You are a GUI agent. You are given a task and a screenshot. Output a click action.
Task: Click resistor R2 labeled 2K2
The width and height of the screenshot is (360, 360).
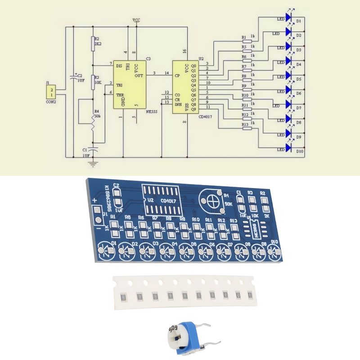[x=93, y=44]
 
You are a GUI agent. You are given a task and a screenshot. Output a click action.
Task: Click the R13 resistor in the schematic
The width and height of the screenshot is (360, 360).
[x=247, y=128]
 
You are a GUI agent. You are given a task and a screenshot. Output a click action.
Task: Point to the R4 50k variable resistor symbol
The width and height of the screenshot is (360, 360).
[x=93, y=121]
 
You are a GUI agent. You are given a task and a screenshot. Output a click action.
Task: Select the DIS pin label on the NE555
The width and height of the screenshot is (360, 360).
[x=119, y=66]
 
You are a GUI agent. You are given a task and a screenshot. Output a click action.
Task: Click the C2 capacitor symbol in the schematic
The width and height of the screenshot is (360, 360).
[x=73, y=78]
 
